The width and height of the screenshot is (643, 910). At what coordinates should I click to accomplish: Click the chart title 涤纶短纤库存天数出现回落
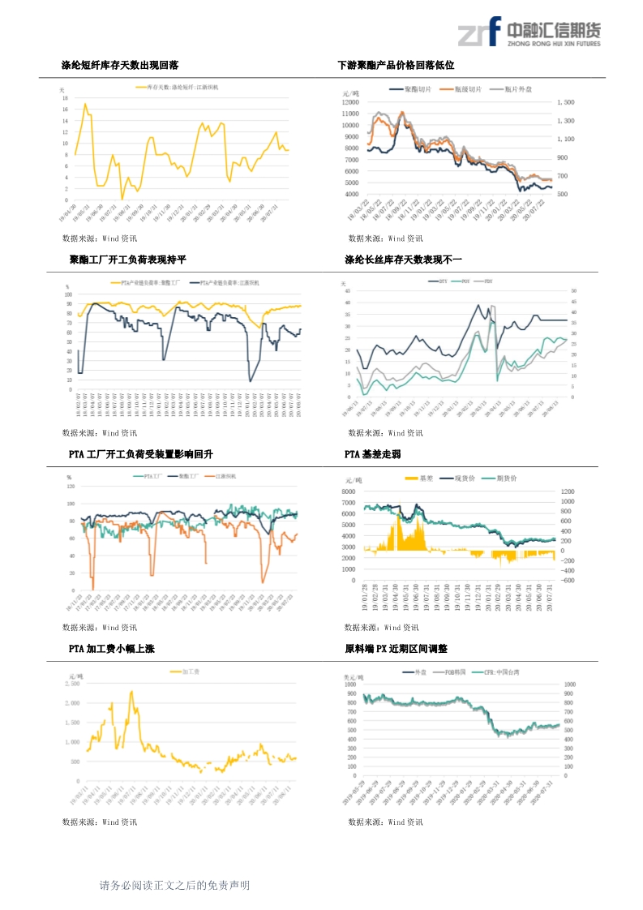[120, 65]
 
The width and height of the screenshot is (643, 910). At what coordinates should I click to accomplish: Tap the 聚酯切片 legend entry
[418, 88]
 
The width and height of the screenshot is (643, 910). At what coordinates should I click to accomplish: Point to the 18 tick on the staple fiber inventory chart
[65, 98]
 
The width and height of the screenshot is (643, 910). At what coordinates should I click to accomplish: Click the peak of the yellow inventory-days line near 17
[85, 105]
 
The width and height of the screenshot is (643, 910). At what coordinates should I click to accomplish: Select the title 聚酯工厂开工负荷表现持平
[128, 260]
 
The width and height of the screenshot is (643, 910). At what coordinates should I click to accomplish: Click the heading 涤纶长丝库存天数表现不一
[403, 260]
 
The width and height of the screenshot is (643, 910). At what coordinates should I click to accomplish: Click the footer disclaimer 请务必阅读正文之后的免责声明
[174, 886]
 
